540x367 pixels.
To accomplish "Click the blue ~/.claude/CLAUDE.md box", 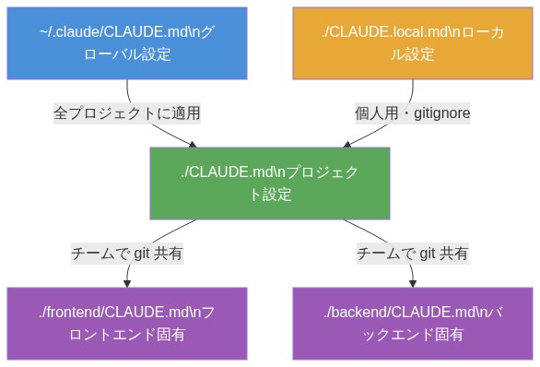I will click(x=127, y=43).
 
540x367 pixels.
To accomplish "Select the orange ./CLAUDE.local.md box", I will click(x=413, y=43).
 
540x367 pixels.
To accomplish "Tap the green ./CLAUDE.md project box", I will click(x=270, y=183).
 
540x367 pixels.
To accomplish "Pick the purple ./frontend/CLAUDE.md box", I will click(x=127, y=323).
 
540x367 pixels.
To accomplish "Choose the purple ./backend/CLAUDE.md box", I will click(x=413, y=323).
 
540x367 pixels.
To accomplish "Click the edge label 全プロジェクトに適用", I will click(x=127, y=113).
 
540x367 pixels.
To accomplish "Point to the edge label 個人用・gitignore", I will click(x=413, y=113).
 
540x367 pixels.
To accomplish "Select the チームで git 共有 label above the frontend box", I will click(x=127, y=253).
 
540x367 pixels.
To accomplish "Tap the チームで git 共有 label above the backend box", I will click(x=413, y=253).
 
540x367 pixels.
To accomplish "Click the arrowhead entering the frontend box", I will click(x=127, y=283).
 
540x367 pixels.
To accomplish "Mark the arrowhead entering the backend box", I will click(x=413, y=283).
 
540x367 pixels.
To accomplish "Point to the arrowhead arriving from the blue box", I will click(x=193, y=144).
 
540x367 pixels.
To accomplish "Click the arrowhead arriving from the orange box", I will click(x=347, y=144).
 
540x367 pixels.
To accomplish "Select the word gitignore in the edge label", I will click(x=440, y=113).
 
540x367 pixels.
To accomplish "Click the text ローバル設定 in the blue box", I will click(x=127, y=55).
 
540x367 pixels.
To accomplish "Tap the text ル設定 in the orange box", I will click(x=413, y=55).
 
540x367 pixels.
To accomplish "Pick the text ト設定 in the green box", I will click(x=270, y=195).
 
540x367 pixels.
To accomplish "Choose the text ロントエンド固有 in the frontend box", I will click(x=127, y=335).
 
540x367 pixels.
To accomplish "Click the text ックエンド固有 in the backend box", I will click(x=413, y=335).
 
